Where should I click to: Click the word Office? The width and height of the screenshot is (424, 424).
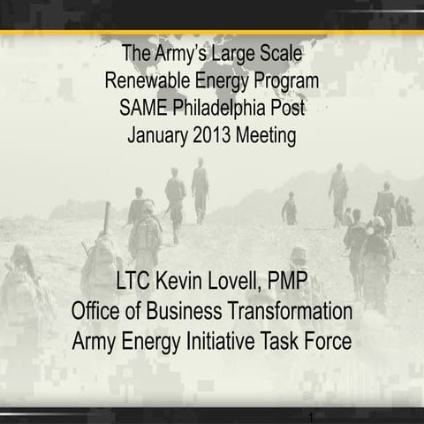99,312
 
